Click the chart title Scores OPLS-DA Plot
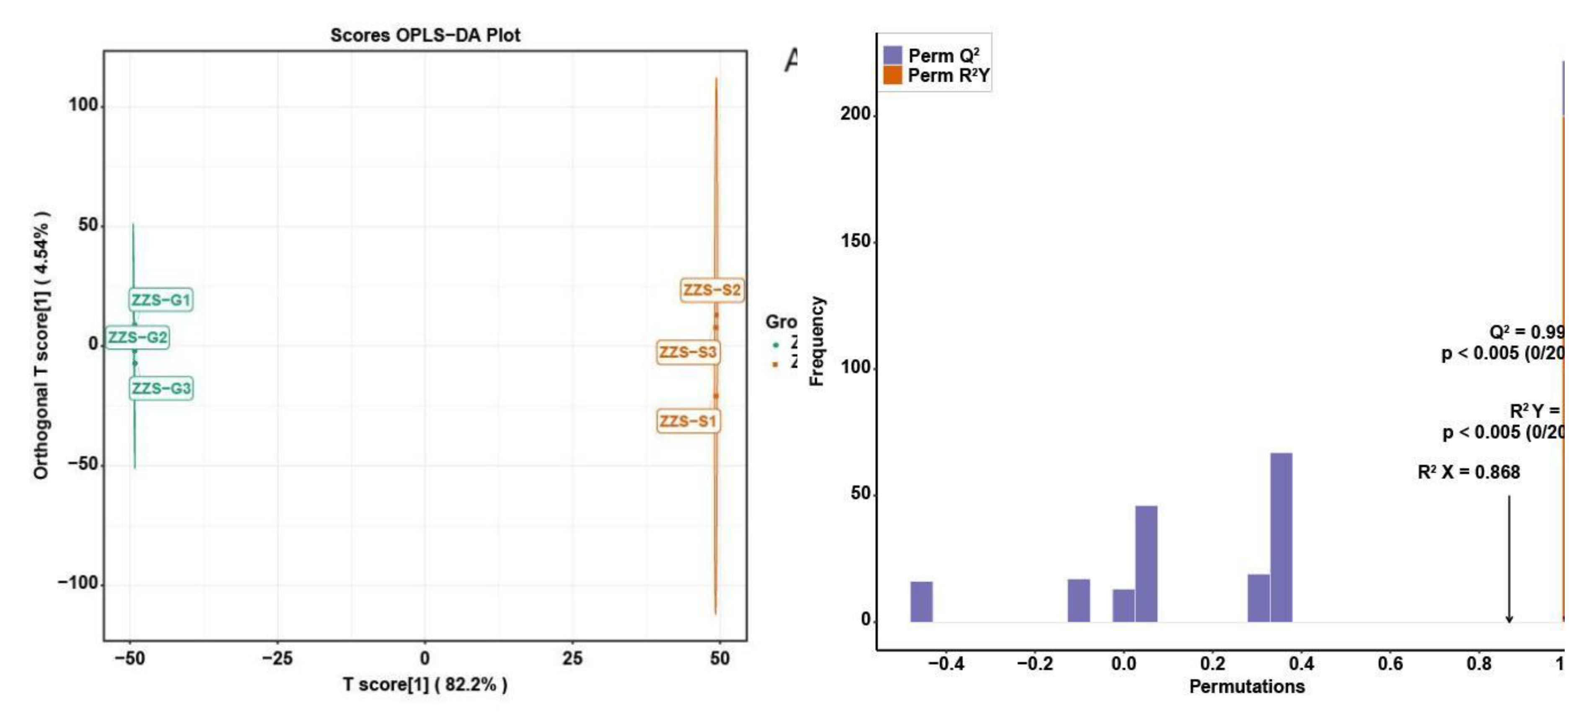pos(425,35)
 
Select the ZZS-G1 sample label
pos(161,300)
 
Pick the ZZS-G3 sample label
pos(161,388)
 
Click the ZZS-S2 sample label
pos(712,289)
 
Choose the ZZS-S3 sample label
pos(688,352)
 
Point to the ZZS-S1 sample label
pos(688,422)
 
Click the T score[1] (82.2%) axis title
pos(425,685)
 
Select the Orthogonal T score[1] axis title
pos(41,346)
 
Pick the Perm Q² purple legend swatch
pos(892,55)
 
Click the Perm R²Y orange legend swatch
pos(892,76)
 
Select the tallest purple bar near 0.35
pos(1281,537)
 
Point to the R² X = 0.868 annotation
pos(1468,472)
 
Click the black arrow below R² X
pos(1509,559)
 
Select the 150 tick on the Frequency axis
pos(856,241)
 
